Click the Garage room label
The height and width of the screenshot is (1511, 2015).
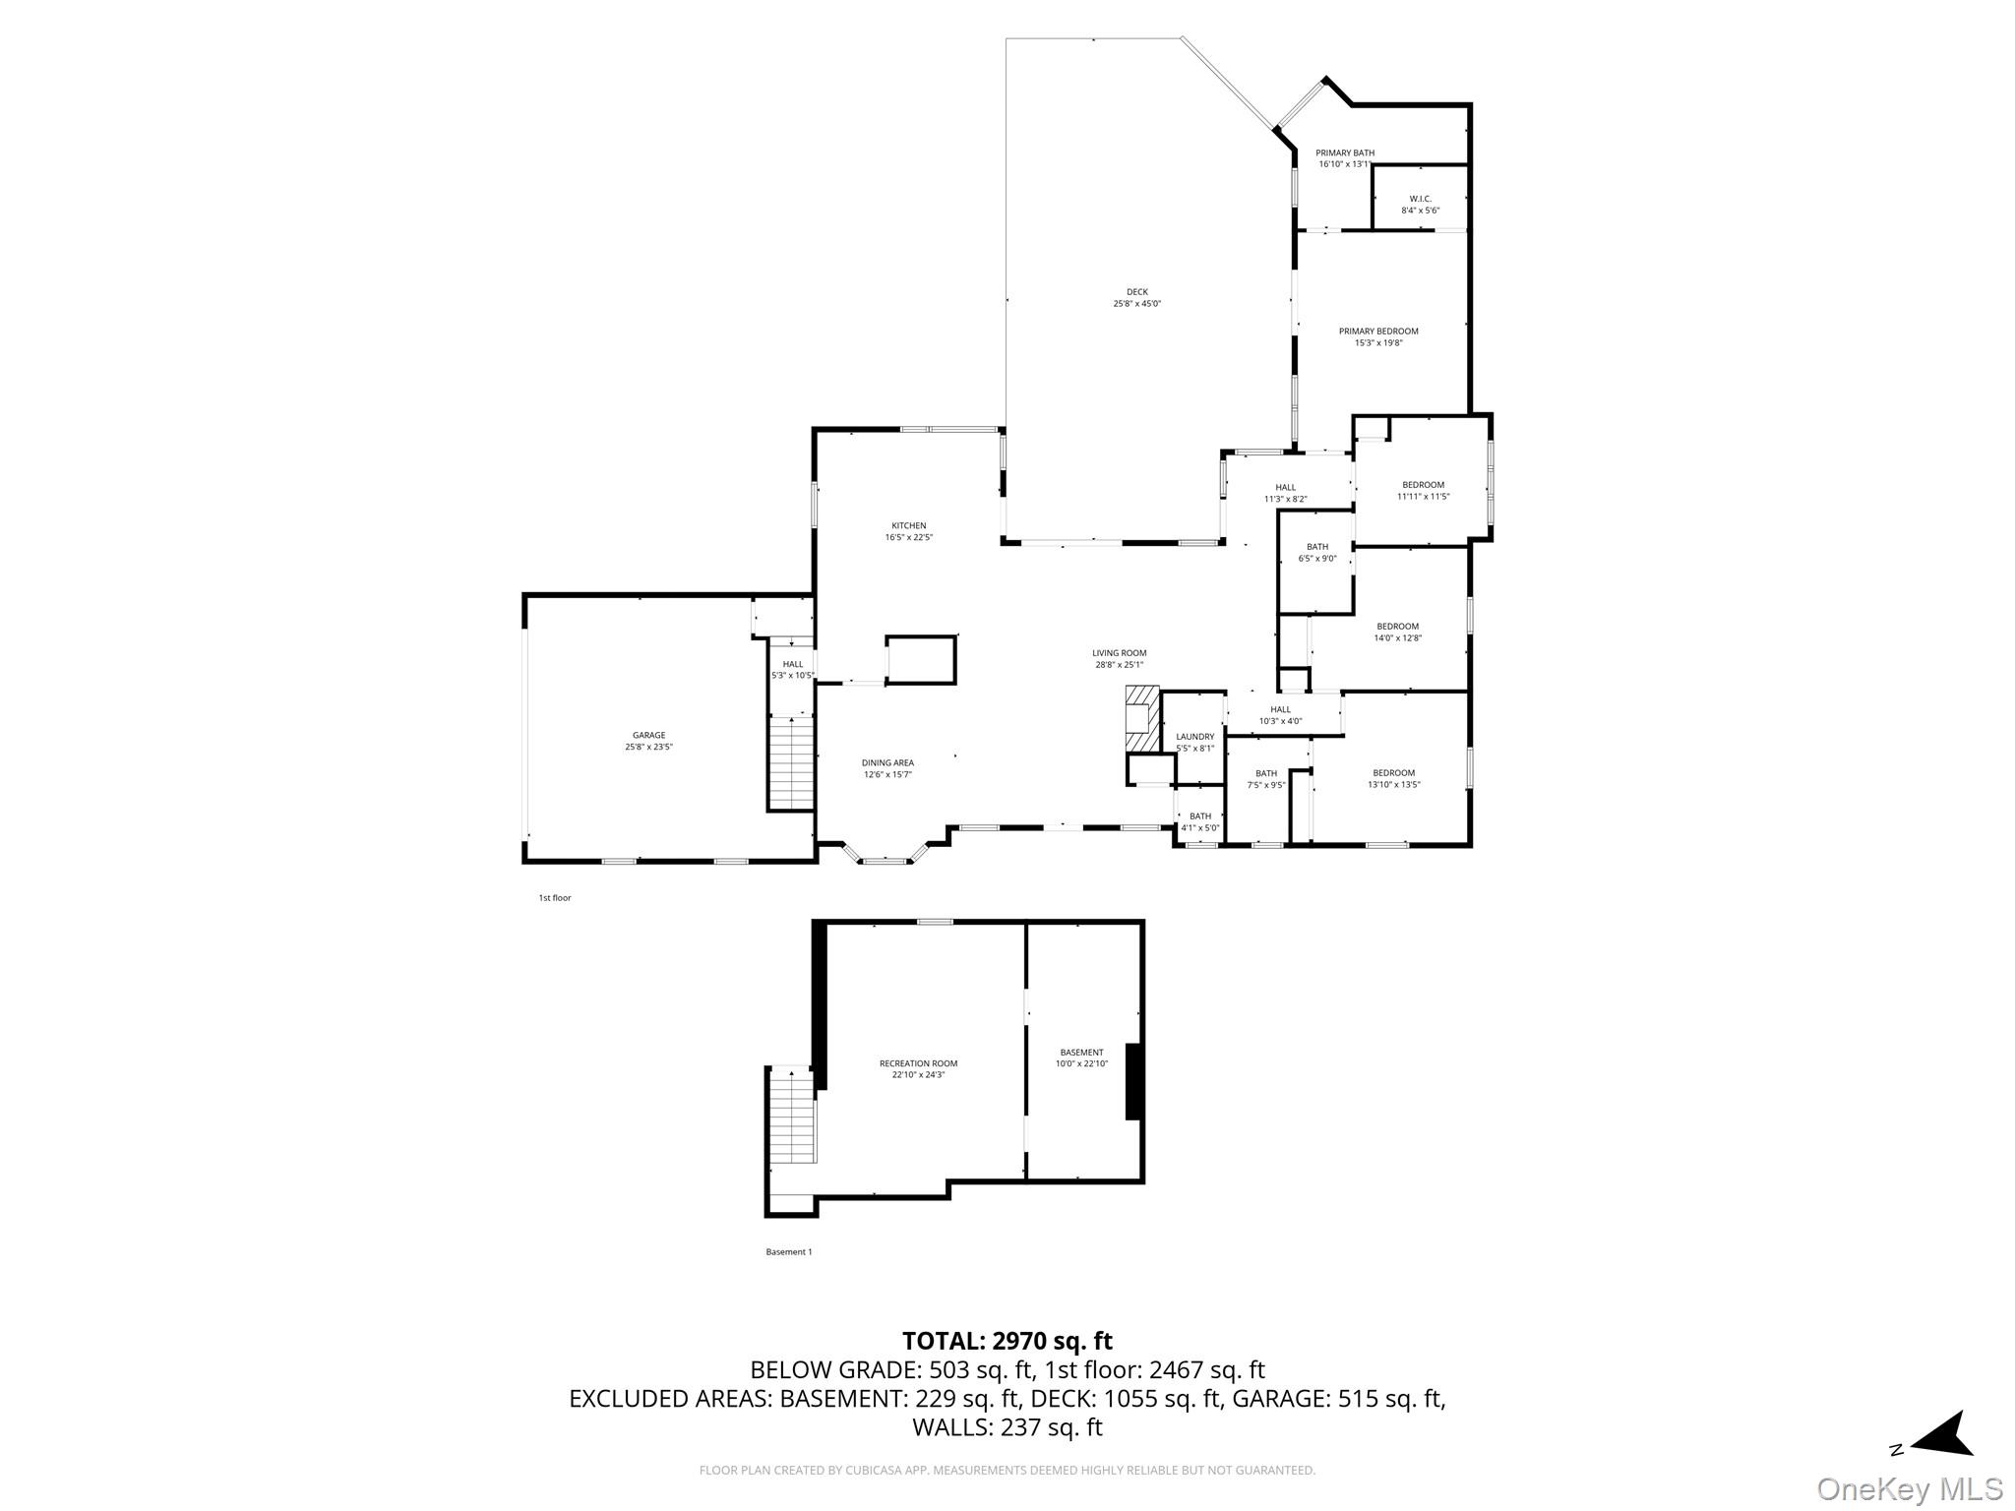pos(648,741)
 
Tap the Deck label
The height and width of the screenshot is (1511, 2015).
pos(1136,297)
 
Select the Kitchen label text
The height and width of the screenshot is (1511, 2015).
pos(908,531)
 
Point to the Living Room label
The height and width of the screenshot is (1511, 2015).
pos(1119,658)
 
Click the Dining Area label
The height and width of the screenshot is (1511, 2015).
pos(887,768)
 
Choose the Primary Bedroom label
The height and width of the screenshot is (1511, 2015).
pos(1377,336)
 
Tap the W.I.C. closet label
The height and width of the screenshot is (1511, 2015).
pos(1420,204)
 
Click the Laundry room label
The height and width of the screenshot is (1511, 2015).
pos(1194,742)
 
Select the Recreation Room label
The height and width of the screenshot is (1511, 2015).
pos(917,1068)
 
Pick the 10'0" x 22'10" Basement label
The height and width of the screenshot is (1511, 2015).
pos(1081,1058)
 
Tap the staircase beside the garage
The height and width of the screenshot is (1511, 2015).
pos(791,762)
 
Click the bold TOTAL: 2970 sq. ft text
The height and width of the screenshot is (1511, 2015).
pos(1007,1341)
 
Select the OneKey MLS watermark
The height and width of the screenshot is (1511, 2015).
pos(1909,1488)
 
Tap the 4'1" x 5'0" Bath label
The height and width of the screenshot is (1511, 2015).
pos(1199,821)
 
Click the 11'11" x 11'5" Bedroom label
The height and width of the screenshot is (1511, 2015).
pos(1423,490)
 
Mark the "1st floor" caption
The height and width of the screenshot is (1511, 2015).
pos(554,898)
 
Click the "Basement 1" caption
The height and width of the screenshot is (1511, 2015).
pos(788,1252)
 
